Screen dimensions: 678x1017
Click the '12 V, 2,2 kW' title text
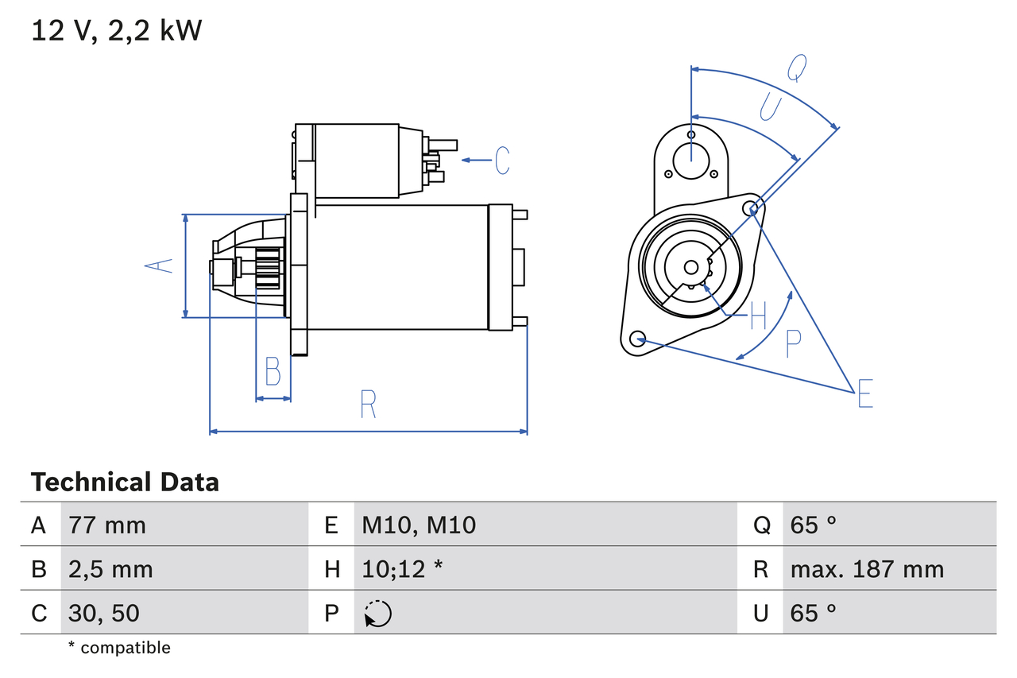117,31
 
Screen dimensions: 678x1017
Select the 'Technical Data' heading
125,482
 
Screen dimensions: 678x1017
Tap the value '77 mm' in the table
107,525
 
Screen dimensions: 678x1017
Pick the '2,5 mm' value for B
110,569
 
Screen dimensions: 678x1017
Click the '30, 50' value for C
104,613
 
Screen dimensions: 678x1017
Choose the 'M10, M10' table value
419,525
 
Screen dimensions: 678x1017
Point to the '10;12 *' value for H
402,569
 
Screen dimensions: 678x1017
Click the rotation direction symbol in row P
377,614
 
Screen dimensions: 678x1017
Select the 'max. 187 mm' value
867,569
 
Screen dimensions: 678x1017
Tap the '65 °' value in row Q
814,525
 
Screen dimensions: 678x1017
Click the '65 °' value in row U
814,613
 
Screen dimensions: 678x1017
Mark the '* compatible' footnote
119,648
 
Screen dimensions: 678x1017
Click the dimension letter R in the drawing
367,405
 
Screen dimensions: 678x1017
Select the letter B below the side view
273,371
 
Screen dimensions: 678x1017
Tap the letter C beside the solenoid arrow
502,161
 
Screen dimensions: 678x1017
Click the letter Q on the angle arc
797,68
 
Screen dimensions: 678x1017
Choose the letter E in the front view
865,394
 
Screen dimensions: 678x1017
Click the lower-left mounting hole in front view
636,339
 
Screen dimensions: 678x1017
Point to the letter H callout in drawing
758,316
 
